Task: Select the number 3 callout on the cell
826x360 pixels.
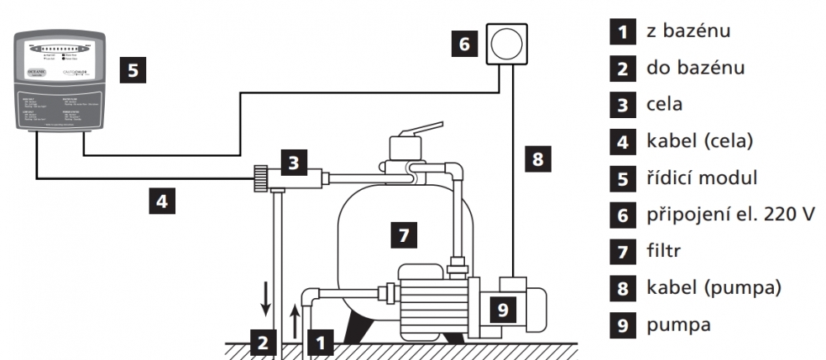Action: (293, 162)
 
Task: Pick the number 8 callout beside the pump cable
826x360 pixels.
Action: (538, 158)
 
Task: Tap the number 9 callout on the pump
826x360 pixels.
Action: (501, 308)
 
